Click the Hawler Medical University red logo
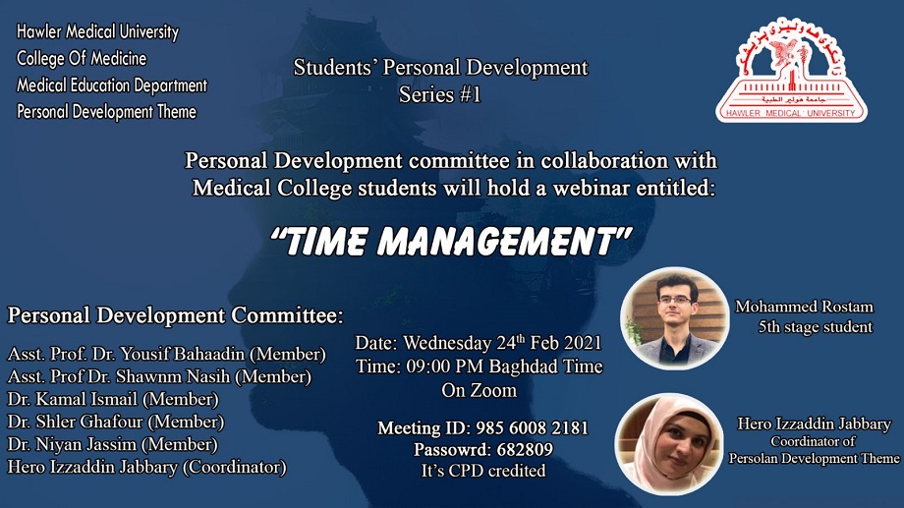click(791, 71)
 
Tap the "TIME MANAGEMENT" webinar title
click(451, 241)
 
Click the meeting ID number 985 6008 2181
click(533, 427)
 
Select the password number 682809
click(525, 449)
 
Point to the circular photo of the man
click(674, 318)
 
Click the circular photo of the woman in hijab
click(669, 444)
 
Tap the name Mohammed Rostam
click(804, 307)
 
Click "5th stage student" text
click(816, 327)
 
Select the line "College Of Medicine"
click(82, 58)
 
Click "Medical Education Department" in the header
click(112, 85)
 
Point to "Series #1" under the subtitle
click(440, 94)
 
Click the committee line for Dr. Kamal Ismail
click(113, 399)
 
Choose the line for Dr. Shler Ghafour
click(116, 422)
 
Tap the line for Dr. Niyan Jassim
click(112, 444)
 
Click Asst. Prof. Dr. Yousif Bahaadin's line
click(167, 354)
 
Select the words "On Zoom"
click(480, 390)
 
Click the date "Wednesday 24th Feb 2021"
click(502, 343)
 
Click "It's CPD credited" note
click(483, 471)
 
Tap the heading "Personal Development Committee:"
click(175, 315)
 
